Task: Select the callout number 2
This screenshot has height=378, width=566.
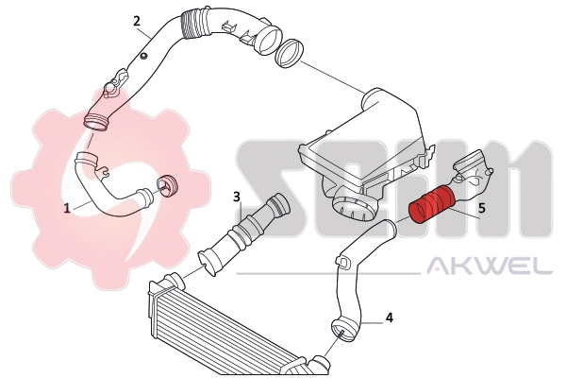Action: tap(137, 21)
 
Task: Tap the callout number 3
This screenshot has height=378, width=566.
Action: tap(238, 198)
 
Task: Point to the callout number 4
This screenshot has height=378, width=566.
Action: tap(389, 318)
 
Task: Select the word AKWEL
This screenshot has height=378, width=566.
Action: tap(491, 266)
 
